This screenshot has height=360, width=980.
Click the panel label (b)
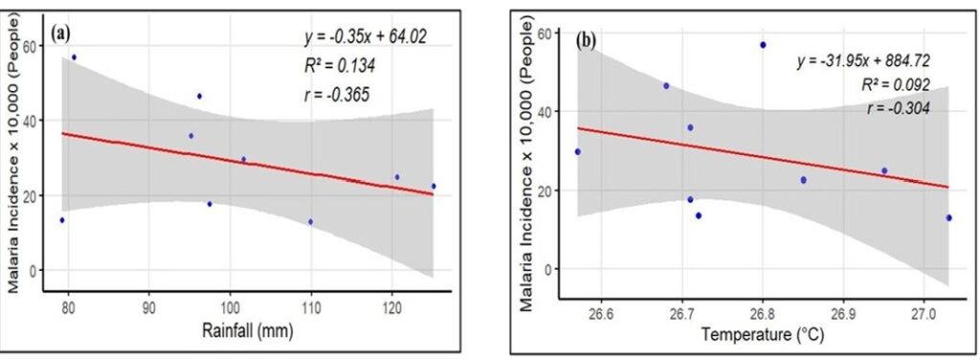585,42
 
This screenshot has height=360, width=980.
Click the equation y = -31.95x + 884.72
862,61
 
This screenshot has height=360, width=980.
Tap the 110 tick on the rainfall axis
310,307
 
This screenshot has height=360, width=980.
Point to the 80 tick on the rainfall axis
68,307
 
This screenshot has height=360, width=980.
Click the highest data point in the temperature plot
763,45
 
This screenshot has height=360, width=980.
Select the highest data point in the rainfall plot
74,57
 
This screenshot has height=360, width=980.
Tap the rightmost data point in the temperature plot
948,217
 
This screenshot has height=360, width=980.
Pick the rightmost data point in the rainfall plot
433,187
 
